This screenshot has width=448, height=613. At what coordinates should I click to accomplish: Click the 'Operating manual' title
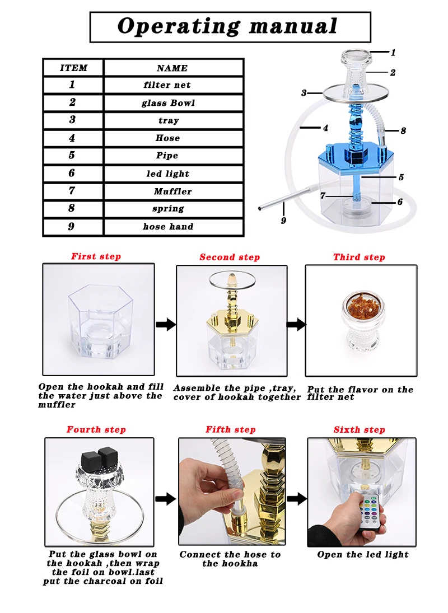[227, 26]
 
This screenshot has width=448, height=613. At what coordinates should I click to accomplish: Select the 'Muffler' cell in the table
[173, 191]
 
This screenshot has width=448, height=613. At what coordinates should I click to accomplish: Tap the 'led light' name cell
[173, 174]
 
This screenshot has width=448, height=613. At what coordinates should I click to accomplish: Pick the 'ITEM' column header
[73, 68]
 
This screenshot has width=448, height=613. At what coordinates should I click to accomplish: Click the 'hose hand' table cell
[173, 227]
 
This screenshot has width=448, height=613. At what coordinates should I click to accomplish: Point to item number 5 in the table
[72, 155]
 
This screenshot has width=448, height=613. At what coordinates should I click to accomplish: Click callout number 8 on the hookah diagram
[403, 130]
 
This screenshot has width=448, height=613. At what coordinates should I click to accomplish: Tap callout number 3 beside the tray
[304, 93]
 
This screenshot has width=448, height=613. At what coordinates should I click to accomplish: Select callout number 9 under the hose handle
[283, 221]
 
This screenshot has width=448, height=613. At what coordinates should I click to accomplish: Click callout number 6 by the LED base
[399, 202]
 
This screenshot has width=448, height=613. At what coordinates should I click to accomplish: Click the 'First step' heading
[96, 256]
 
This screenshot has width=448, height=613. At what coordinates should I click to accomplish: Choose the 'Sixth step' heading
[360, 429]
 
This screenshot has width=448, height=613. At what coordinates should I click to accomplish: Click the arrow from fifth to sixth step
[297, 499]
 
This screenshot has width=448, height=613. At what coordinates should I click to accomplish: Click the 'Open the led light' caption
[363, 554]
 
